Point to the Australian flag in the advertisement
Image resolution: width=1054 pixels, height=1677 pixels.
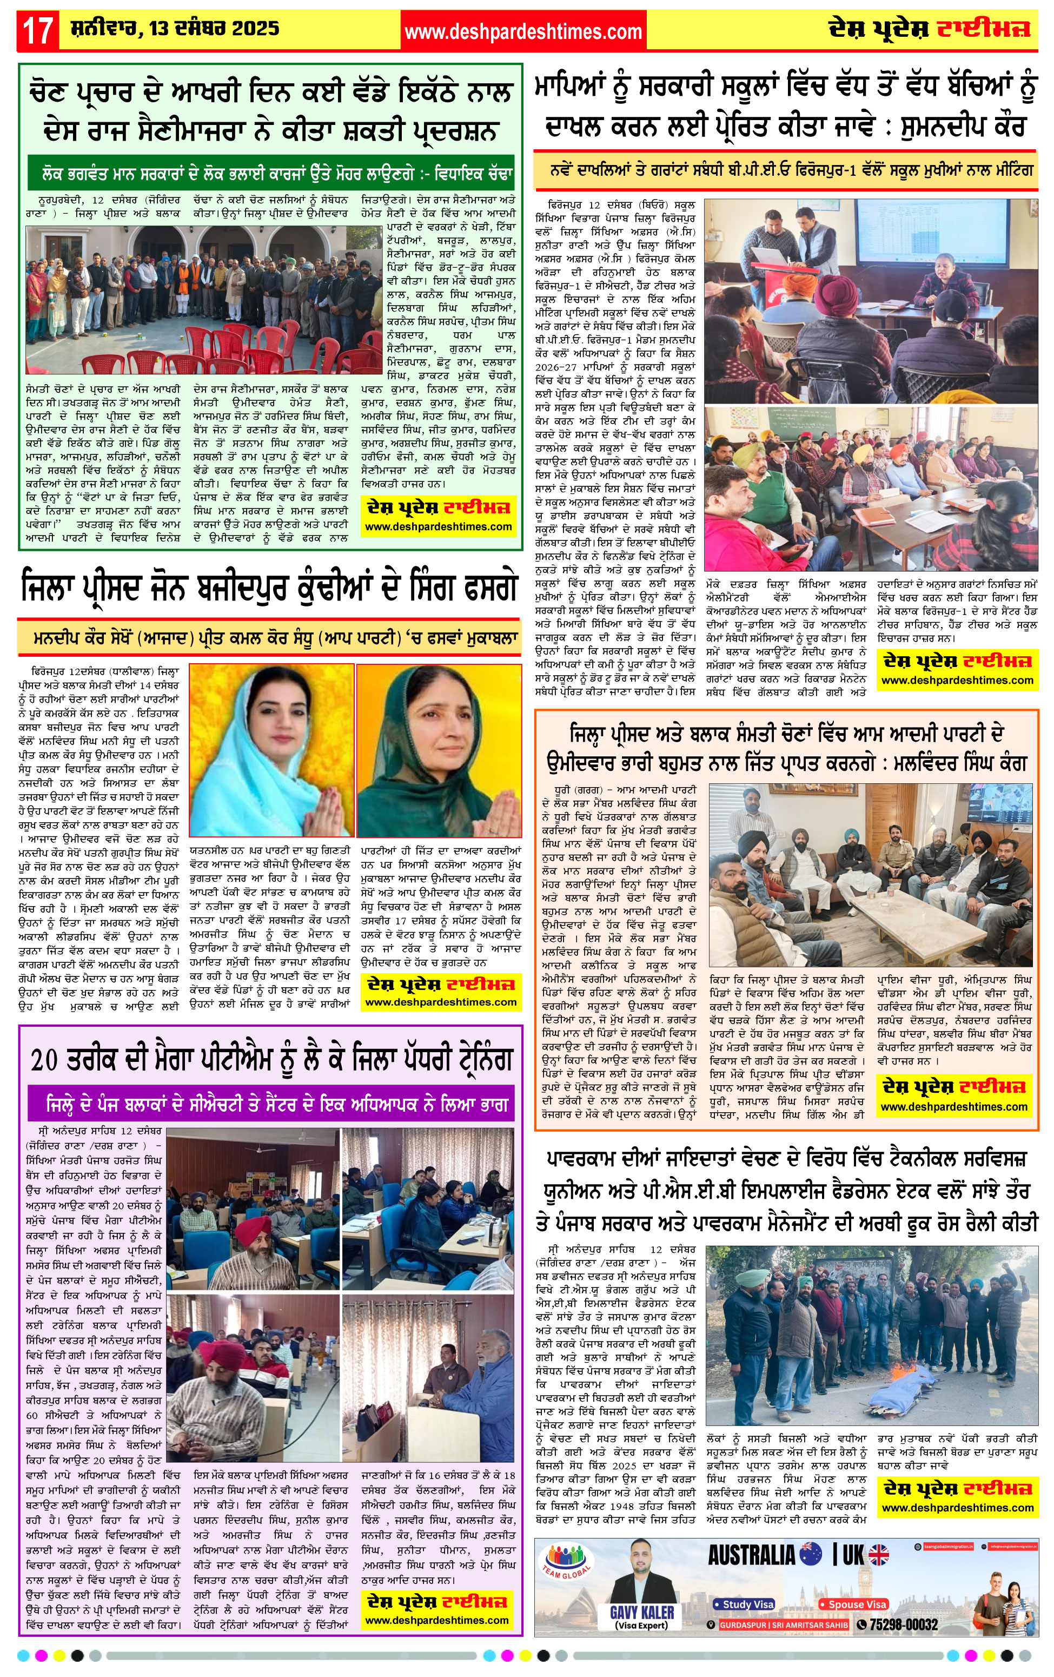point(811,1555)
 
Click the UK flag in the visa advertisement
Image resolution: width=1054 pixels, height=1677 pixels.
point(879,1555)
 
